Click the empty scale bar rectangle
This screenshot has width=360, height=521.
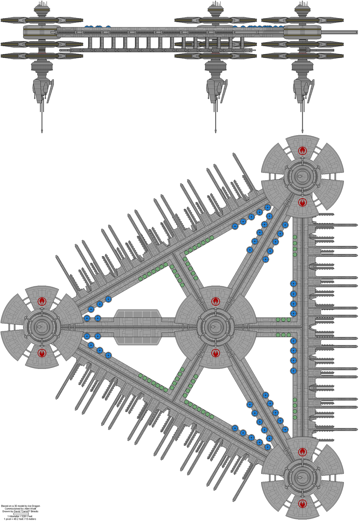click(x=21, y=514)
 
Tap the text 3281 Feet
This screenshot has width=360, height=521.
click(x=26, y=516)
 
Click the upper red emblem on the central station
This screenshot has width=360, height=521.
click(x=216, y=301)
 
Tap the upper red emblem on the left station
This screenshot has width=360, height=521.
click(x=42, y=301)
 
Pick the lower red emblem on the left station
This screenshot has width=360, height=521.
click(x=42, y=352)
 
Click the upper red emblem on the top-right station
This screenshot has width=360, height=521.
click(x=302, y=151)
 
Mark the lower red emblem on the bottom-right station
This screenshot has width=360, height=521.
click(x=302, y=503)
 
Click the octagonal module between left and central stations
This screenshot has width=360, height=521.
click(x=137, y=327)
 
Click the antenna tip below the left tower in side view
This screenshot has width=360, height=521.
click(x=42, y=131)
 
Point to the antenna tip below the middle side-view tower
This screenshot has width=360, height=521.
click(x=216, y=131)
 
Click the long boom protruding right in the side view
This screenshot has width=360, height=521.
click(x=339, y=32)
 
